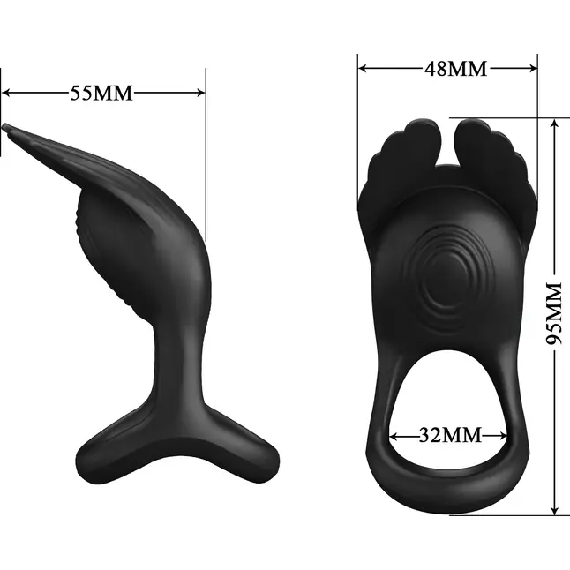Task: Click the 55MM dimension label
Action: (x=101, y=93)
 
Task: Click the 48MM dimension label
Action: (x=456, y=68)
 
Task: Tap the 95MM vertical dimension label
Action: (x=554, y=313)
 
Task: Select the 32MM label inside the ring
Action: (x=450, y=434)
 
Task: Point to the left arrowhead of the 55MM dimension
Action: (x=6, y=93)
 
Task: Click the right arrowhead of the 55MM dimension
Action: (x=201, y=93)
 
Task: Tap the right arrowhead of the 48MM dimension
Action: (x=533, y=68)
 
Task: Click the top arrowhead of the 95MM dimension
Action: (x=554, y=124)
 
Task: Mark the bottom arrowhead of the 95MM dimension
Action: (x=554, y=510)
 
